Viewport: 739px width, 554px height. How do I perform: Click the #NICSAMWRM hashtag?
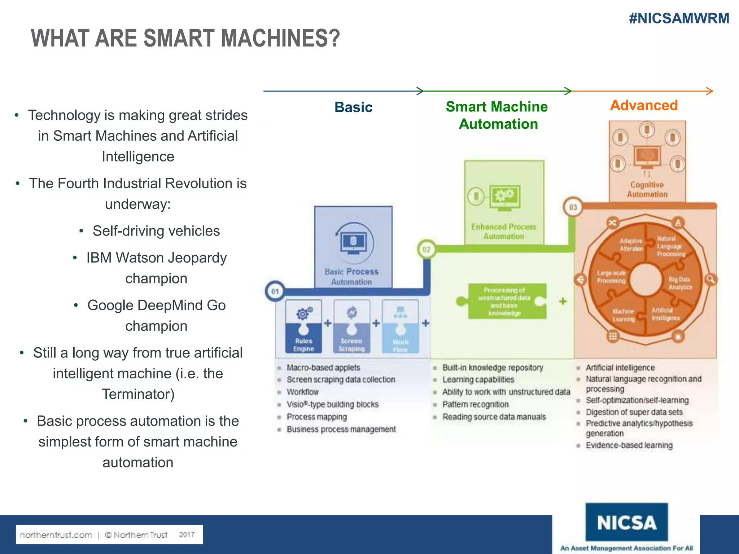679,18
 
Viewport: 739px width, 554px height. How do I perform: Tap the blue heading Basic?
353,107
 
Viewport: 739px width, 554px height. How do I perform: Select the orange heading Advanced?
644,105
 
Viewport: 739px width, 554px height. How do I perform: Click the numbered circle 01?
275,291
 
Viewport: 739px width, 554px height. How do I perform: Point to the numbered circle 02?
427,249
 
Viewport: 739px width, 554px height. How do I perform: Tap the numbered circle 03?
573,207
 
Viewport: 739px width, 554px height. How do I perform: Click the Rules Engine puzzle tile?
303,326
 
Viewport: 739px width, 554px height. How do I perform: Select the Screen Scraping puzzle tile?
351,326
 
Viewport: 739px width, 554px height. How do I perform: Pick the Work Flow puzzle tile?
400,326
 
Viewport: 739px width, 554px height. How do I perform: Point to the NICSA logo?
626,522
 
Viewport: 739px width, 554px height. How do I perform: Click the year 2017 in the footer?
187,535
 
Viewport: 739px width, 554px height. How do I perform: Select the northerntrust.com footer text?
56,535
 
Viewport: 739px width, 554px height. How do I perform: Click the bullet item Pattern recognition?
475,404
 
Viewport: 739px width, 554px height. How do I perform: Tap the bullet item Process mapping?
316,417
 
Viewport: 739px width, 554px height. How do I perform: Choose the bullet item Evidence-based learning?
629,445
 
